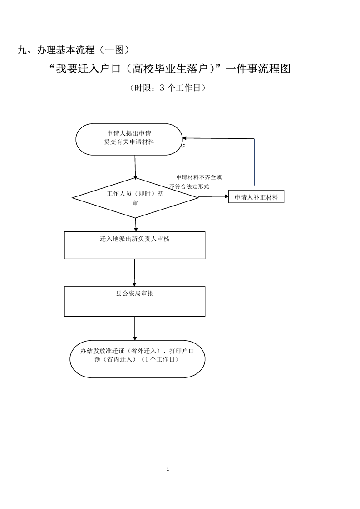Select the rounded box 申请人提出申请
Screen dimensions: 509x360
pyautogui.click(x=129, y=139)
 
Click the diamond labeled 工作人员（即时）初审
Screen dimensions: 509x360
pyautogui.click(x=135, y=197)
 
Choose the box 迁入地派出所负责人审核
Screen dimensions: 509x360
pyautogui.click(x=135, y=245)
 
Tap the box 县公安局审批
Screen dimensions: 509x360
pyautogui.click(x=135, y=301)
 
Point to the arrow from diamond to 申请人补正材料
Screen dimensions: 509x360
pyautogui.click(x=213, y=196)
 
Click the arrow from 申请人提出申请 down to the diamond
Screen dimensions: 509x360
pyautogui.click(x=135, y=166)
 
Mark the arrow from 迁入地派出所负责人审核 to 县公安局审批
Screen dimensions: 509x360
pyautogui.click(x=134, y=272)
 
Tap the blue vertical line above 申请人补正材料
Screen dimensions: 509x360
pyautogui.click(x=254, y=163)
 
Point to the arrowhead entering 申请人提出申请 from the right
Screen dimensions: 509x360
pyautogui.click(x=185, y=138)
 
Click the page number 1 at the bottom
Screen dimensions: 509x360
pyautogui.click(x=168, y=469)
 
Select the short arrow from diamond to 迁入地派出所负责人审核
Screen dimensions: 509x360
pyautogui.click(x=136, y=225)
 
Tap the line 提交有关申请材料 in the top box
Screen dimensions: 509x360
pyautogui.click(x=129, y=142)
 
